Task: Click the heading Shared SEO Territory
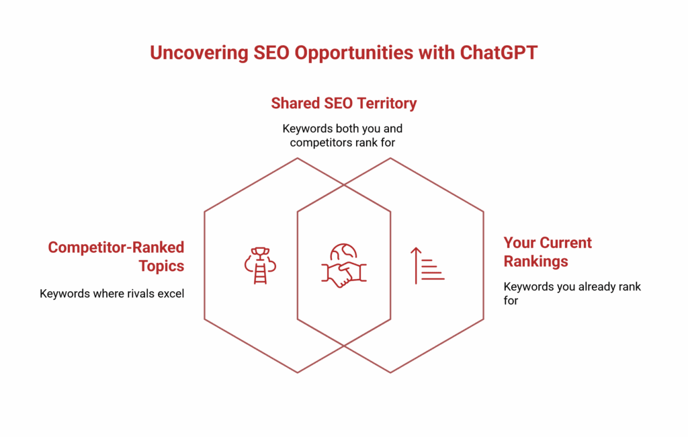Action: tap(343, 104)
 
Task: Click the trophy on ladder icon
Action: tap(260, 265)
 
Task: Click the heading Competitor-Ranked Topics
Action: tap(116, 256)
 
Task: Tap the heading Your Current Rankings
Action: tap(548, 251)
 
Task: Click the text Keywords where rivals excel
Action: tap(112, 293)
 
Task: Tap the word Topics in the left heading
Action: tap(161, 266)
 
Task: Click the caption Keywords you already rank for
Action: tap(572, 293)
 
